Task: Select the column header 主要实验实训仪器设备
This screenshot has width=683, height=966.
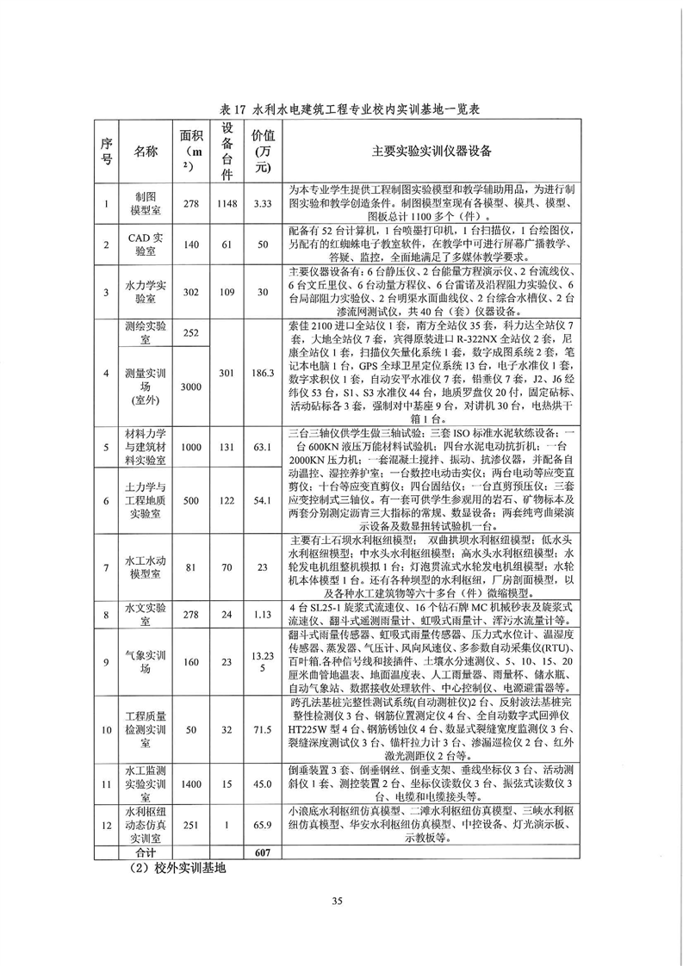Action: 431,152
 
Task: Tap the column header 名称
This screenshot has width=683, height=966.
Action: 145,152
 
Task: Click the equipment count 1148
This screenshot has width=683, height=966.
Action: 227,203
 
